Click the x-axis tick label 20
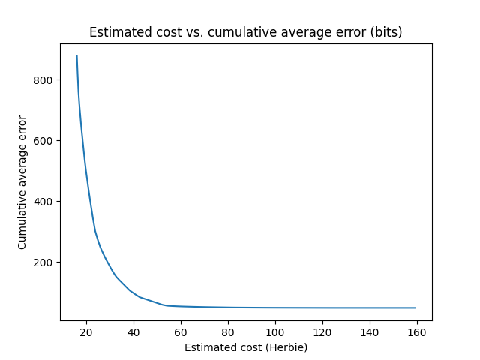click(x=86, y=332)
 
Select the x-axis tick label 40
click(x=133, y=332)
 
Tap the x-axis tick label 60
click(x=181, y=332)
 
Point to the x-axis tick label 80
click(x=228, y=332)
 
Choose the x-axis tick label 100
click(x=275, y=332)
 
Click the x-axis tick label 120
click(x=322, y=332)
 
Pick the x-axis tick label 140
click(x=370, y=332)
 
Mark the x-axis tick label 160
click(x=417, y=332)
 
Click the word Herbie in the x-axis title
click(x=286, y=347)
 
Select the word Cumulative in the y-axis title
click(x=22, y=222)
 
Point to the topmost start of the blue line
click(x=76, y=55)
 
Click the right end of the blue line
click(x=415, y=307)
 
